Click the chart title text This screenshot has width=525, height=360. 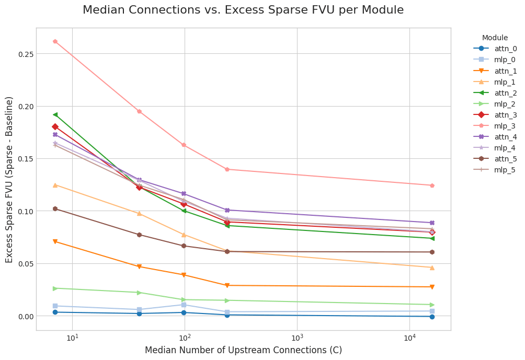point(243,10)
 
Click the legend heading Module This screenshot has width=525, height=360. point(495,38)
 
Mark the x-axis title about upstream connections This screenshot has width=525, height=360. point(243,350)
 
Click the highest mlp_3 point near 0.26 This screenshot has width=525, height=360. point(55,41)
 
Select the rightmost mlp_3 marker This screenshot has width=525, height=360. point(432,185)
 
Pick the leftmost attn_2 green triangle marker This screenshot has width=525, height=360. point(55,114)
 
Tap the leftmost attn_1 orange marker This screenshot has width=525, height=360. point(55,241)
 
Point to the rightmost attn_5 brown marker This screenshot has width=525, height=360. point(432,252)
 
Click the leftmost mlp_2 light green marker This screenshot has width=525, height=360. point(55,288)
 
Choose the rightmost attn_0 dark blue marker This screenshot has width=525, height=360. point(432,317)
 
